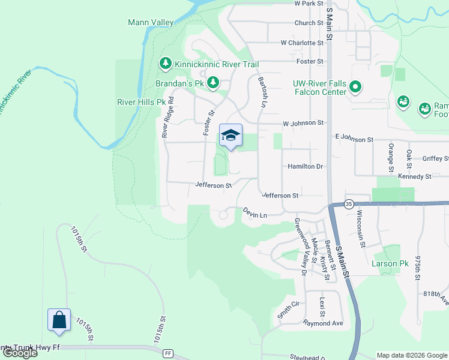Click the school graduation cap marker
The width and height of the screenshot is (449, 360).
[231, 136]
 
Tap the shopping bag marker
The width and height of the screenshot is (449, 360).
[59, 320]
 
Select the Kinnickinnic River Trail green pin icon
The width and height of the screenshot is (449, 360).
[165, 63]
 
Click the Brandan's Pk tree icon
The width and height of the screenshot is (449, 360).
[212, 82]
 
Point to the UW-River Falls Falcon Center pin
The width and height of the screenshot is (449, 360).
[355, 88]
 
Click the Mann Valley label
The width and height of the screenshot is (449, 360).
[151, 23]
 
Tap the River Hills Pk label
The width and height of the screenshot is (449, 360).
[141, 102]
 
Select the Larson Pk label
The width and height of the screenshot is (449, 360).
[390, 263]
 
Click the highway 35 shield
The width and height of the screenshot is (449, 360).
[350, 203]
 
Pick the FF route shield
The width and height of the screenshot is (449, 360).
[168, 354]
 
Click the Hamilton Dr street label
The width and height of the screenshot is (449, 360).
[306, 166]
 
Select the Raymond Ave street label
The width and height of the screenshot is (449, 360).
[323, 323]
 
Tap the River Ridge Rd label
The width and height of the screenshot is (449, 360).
[167, 118]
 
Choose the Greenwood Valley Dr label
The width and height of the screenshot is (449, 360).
[300, 246]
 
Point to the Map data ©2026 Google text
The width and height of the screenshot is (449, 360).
[412, 355]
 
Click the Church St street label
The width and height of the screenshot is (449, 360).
[309, 23]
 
